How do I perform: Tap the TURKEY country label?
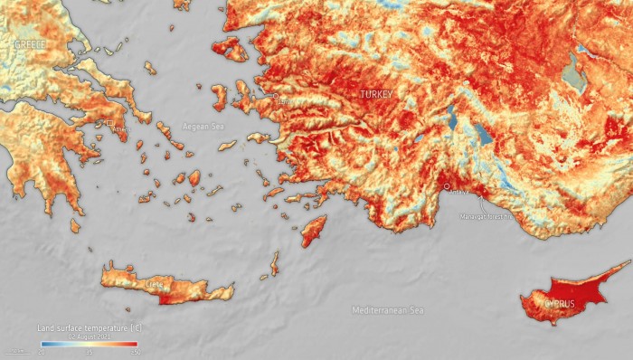point(377,94)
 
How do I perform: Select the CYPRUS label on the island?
point(558,303)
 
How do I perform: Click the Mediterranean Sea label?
point(387,310)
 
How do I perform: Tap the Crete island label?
point(155,284)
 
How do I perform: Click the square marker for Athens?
point(110,123)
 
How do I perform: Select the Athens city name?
point(121,129)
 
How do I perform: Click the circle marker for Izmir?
point(276,95)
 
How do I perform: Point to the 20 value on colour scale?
point(41,352)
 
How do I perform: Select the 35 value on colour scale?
point(89,352)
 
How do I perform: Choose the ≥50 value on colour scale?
point(135,352)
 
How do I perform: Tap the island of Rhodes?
point(313,230)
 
